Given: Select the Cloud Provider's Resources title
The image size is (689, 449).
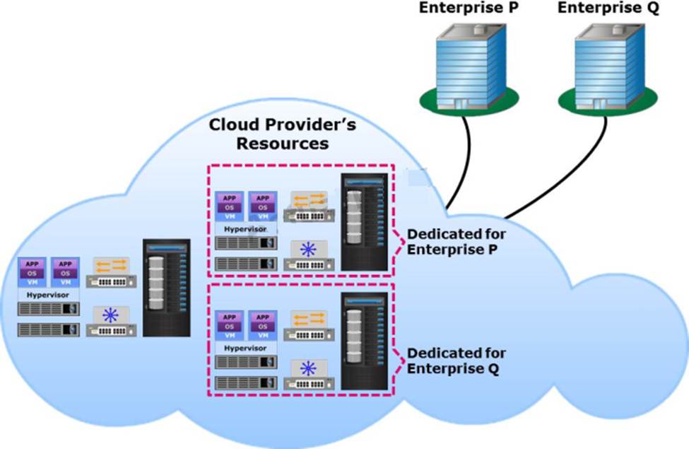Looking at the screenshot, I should click(x=283, y=134).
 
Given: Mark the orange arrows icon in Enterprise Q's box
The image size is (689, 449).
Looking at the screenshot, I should click(x=308, y=320).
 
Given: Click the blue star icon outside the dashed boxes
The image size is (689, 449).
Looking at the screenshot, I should click(x=111, y=315).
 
